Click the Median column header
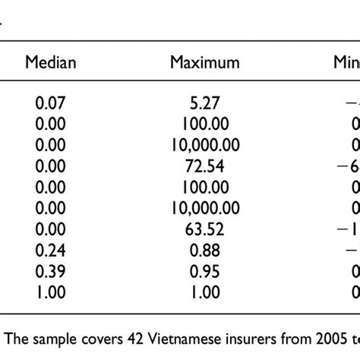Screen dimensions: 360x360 click(x=51, y=62)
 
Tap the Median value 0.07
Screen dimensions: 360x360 click(x=51, y=106)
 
